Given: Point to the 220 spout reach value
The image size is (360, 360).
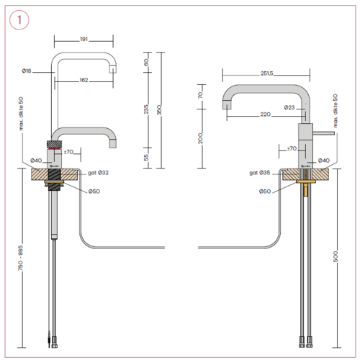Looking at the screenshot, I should click(x=266, y=114).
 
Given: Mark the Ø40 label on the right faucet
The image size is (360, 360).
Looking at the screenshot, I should click(x=324, y=160).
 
